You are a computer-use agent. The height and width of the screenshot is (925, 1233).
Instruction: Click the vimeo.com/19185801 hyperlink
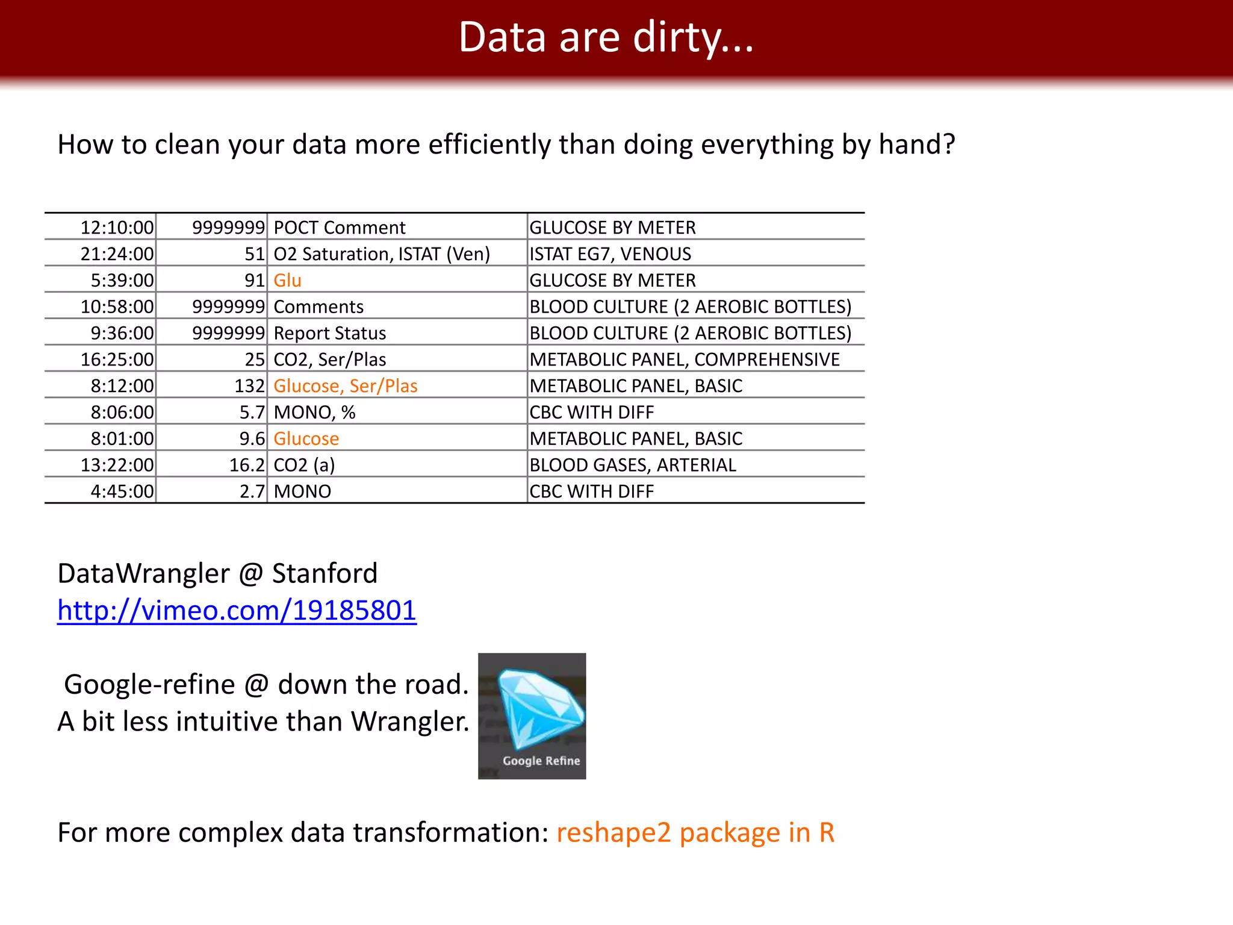tap(237, 611)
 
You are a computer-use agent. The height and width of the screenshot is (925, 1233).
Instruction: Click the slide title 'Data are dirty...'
tap(606, 37)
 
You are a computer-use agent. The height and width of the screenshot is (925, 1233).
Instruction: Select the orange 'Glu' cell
tap(288, 281)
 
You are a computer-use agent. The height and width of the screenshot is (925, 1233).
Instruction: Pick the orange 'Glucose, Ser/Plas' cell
tap(346, 386)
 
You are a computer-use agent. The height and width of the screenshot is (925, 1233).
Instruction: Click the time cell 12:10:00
tap(117, 228)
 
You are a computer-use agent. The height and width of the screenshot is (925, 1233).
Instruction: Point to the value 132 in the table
tap(250, 386)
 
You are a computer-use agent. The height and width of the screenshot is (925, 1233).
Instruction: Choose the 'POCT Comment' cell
tap(340, 228)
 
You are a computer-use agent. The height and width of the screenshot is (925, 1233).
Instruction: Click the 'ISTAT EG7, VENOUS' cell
tap(610, 254)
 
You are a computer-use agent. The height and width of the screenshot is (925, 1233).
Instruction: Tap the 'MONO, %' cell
tap(315, 413)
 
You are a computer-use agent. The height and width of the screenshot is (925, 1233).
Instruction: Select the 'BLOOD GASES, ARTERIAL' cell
tap(633, 465)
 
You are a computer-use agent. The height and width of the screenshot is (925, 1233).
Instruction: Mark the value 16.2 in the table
tap(247, 465)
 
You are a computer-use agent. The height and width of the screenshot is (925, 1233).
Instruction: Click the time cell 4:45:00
tap(122, 491)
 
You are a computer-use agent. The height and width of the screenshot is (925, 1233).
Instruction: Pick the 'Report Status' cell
tap(330, 333)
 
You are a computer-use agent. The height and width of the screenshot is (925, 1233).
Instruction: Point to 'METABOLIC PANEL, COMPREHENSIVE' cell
tap(685, 360)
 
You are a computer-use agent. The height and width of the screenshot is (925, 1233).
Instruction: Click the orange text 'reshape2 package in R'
tap(695, 832)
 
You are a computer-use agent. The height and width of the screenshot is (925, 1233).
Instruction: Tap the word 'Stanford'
tap(325, 573)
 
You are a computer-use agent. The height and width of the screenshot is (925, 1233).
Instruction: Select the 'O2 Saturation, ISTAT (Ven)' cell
tap(382, 254)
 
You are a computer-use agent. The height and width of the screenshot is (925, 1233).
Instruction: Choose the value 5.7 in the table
tap(252, 413)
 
